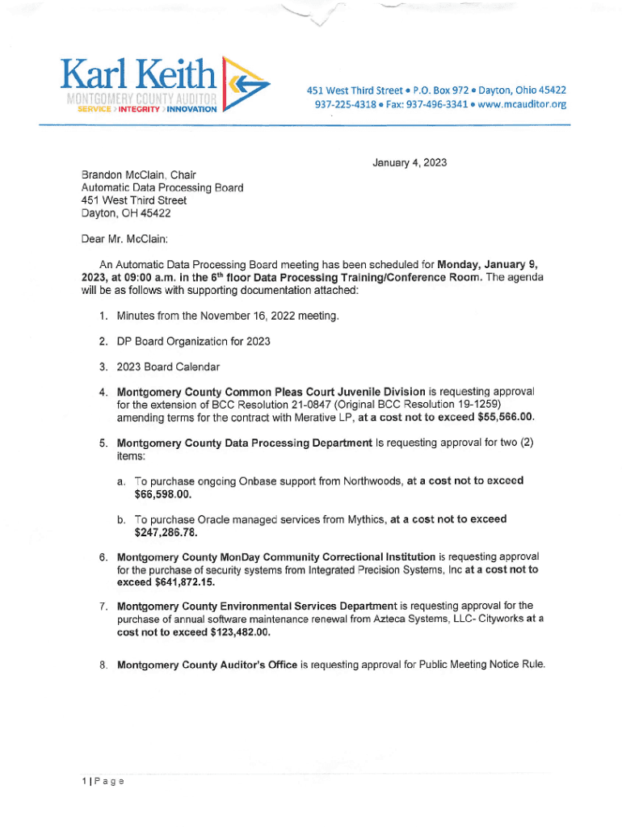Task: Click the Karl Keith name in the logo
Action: point(137,76)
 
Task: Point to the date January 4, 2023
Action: point(410,163)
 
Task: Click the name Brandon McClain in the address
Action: point(120,174)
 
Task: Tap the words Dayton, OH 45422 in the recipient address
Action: point(126,213)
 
